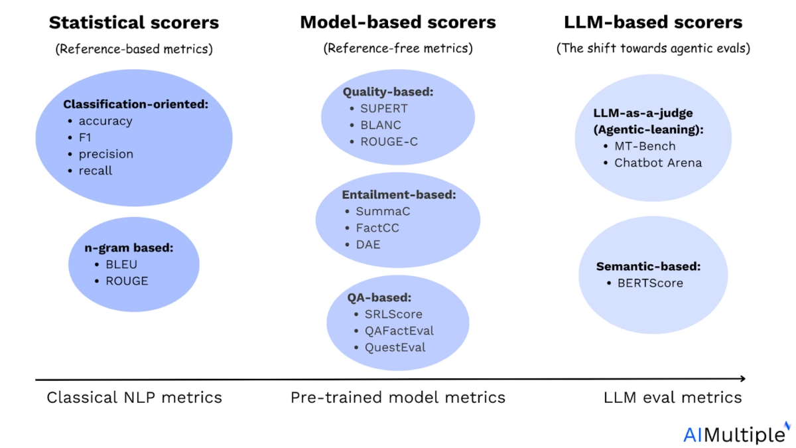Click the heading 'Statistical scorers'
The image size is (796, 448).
tap(134, 23)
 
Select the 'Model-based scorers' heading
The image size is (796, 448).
tap(398, 22)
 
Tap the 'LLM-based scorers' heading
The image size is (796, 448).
tap(653, 22)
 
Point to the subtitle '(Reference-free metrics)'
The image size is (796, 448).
tap(398, 48)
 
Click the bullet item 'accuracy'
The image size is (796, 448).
tap(105, 121)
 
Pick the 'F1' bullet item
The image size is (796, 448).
tap(85, 137)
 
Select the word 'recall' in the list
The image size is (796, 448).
tap(96, 171)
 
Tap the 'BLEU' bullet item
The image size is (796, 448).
tap(121, 264)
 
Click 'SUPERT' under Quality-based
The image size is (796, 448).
tap(384, 108)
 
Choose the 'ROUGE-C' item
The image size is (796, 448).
tap(389, 141)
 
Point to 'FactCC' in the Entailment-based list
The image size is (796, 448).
tap(377, 228)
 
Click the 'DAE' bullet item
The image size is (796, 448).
tap(368, 244)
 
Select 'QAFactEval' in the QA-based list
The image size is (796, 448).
tap(399, 331)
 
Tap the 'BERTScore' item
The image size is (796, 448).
tap(650, 283)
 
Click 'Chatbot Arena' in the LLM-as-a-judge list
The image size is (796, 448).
tap(658, 163)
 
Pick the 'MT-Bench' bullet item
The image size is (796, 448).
tap(645, 146)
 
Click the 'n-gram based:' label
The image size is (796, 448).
tap(129, 248)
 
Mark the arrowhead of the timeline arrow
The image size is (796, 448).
tap(743, 379)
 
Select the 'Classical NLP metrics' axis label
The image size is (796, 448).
tap(134, 398)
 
